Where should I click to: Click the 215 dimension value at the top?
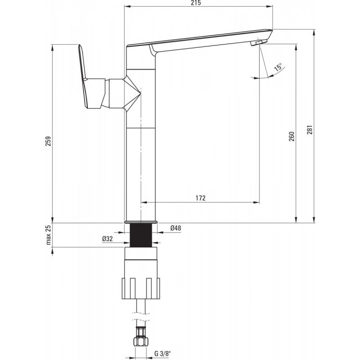(196, 3)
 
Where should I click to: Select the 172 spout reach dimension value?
(201, 198)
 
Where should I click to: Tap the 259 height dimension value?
(48, 141)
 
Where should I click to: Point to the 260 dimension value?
(291, 136)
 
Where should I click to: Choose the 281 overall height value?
(310, 130)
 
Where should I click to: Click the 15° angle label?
(278, 67)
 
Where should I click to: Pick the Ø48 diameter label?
(175, 228)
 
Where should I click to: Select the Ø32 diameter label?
(108, 239)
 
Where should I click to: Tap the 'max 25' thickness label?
(48, 235)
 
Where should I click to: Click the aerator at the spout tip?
(259, 42)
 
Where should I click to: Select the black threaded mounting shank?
(141, 235)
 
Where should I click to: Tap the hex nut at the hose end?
(141, 341)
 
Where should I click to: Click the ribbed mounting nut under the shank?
(141, 288)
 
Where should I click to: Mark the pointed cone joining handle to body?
(132, 93)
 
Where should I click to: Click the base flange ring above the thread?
(141, 222)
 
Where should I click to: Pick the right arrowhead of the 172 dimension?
(256, 202)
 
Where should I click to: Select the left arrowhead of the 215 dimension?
(127, 7)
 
